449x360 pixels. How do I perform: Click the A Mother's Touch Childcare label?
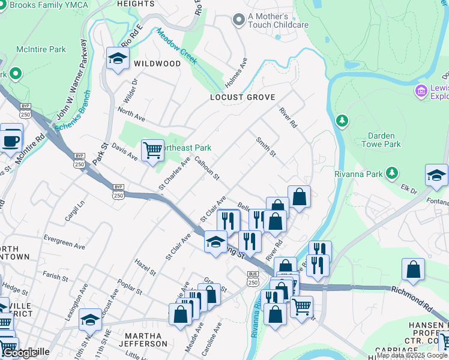tap(278, 20)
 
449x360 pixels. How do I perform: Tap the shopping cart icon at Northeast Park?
tap(152, 151)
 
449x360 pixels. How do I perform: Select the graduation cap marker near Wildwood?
tap(118, 59)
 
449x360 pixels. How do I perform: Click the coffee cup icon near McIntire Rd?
tap(11, 140)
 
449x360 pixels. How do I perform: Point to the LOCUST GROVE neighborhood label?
tap(243, 97)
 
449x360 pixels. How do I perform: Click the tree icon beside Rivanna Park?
tap(392, 173)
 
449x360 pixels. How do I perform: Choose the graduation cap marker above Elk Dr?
tap(436, 175)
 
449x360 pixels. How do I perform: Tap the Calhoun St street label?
tap(207, 168)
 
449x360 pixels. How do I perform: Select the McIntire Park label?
tap(41, 49)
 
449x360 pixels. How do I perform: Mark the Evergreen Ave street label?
tap(61, 244)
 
